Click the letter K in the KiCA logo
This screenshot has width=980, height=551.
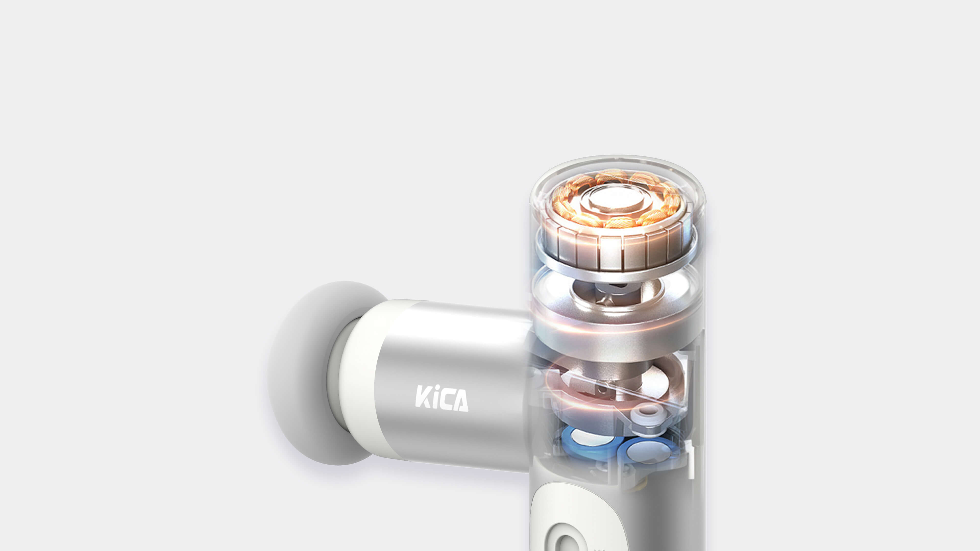tap(423, 397)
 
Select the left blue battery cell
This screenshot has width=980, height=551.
tap(586, 441)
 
